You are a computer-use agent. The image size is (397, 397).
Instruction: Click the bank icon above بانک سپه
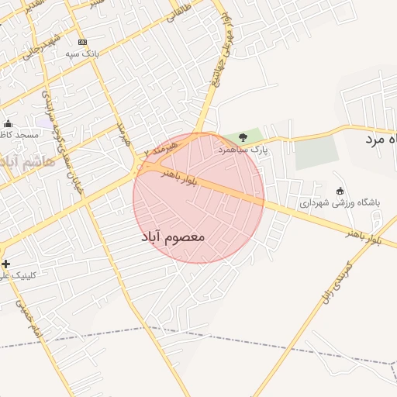coord(83,42)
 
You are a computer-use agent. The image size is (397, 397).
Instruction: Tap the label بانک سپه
coord(82,54)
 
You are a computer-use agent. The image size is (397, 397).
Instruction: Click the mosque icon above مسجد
coord(9,123)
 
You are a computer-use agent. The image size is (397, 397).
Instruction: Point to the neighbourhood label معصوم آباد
coord(173,235)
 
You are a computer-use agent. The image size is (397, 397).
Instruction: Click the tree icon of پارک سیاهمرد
coord(243,137)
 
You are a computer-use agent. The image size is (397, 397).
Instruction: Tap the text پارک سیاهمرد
coord(243,148)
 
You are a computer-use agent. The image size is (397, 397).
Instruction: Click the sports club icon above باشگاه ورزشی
coord(339,191)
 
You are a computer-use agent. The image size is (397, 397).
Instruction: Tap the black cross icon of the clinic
coord(6,264)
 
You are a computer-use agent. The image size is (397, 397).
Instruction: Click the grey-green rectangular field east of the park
coord(317,152)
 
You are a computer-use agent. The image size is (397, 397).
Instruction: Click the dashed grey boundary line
coord(233,339)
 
